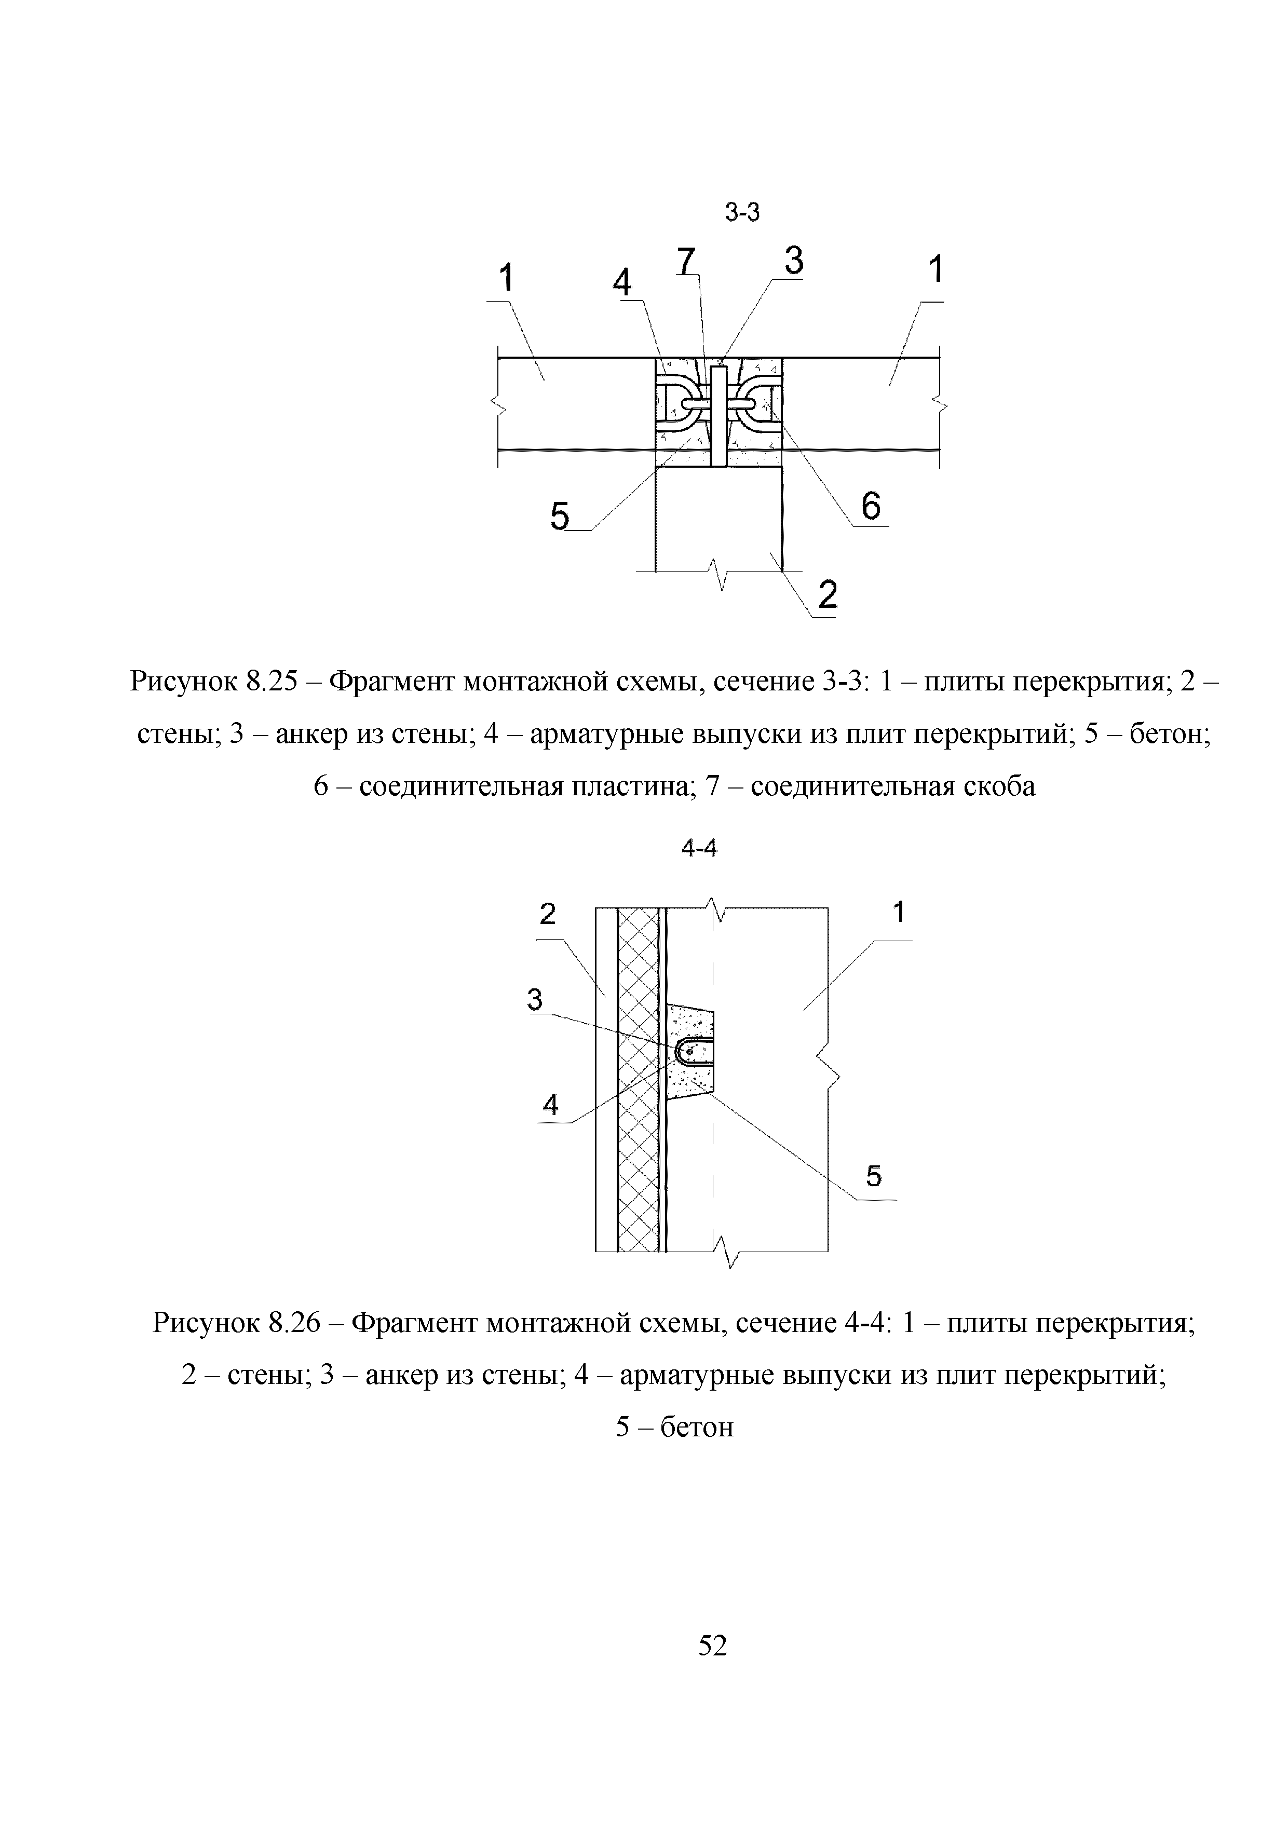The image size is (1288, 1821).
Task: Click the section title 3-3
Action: [x=742, y=212]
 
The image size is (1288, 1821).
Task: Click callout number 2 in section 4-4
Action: [x=547, y=915]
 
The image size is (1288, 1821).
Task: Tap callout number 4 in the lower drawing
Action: [x=550, y=1104]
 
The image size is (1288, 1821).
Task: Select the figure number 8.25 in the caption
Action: [x=273, y=681]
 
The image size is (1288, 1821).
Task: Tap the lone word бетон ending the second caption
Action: [x=697, y=1427]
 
